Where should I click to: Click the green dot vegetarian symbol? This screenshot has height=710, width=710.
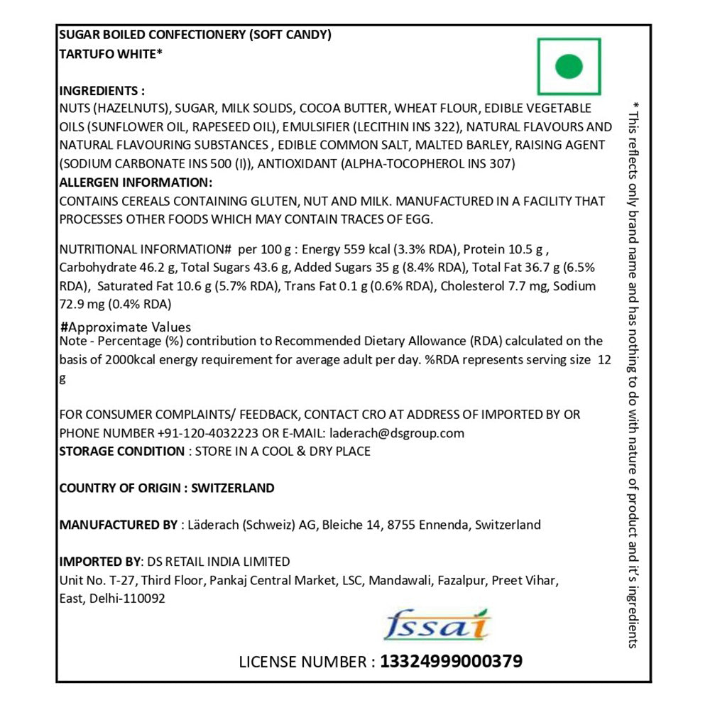click(x=568, y=67)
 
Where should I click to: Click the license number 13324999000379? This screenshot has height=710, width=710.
click(x=452, y=662)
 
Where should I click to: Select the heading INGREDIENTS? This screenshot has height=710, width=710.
click(x=102, y=91)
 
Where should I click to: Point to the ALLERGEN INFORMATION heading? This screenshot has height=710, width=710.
click(x=135, y=182)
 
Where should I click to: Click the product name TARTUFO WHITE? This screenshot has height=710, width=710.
click(x=111, y=52)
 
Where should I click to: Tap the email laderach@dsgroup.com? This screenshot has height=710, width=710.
click(x=397, y=433)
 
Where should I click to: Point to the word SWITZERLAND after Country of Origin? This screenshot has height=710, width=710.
click(x=233, y=488)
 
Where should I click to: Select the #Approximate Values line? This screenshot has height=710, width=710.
click(x=126, y=327)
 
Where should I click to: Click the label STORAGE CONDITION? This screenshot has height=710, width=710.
click(x=121, y=452)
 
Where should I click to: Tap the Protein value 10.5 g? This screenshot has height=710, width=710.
click(x=525, y=249)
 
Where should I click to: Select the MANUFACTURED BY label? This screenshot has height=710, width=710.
click(x=118, y=525)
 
